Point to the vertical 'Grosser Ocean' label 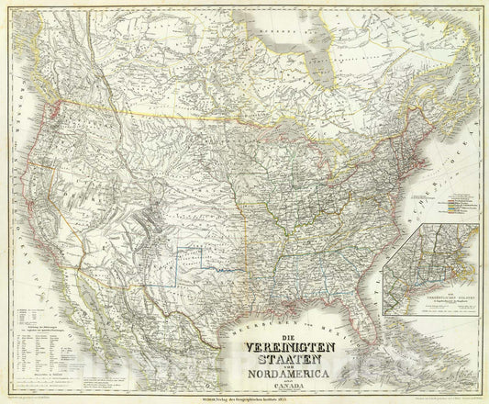17,184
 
